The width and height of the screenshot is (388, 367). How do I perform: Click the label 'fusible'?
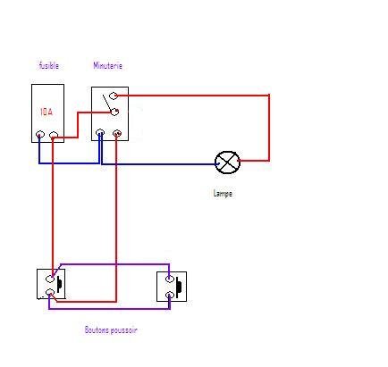pyautogui.click(x=49, y=65)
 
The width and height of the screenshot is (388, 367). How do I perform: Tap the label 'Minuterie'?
pyautogui.click(x=107, y=65)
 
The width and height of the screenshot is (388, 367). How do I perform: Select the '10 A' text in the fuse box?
pyautogui.click(x=46, y=112)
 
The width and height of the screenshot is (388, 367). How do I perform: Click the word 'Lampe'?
pyautogui.click(x=223, y=194)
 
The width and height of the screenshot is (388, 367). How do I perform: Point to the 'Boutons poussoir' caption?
pyautogui.click(x=111, y=330)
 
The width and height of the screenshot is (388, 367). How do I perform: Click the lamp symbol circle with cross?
pyautogui.click(x=227, y=163)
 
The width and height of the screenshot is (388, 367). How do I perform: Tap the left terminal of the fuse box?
pyautogui.click(x=40, y=135)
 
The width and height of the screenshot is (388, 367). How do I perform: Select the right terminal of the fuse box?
pyautogui.click(x=54, y=136)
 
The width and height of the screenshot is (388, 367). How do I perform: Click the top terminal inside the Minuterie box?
pyautogui.click(x=114, y=96)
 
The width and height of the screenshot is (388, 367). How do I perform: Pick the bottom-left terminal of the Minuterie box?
pyautogui.click(x=100, y=132)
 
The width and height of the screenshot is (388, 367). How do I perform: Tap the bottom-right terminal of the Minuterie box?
pyautogui.click(x=117, y=133)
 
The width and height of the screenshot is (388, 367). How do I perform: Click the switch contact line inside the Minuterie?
pyautogui.click(x=107, y=103)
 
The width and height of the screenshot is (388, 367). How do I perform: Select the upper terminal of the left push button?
pyautogui.click(x=50, y=279)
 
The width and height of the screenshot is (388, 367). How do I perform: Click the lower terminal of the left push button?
pyautogui.click(x=50, y=292)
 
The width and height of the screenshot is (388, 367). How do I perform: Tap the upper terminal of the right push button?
pyautogui.click(x=169, y=279)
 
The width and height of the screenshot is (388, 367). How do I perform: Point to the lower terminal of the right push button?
pyautogui.click(x=169, y=296)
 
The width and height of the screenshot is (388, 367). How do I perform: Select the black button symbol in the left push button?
pyautogui.click(x=59, y=283)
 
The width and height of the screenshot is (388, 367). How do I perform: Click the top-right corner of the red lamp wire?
pyautogui.click(x=269, y=96)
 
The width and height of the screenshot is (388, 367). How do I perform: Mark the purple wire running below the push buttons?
pyautogui.click(x=109, y=309)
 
